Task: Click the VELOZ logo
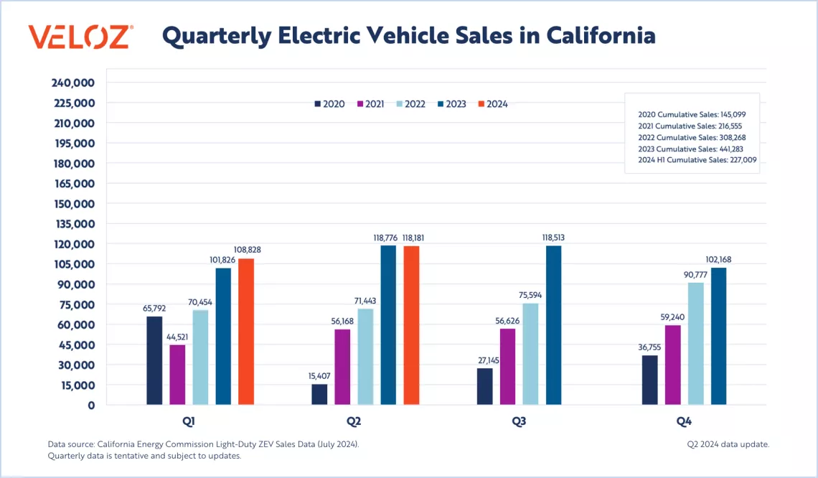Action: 80,36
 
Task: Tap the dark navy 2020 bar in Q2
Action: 319,395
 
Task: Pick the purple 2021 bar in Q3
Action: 508,367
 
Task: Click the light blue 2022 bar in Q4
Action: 695,344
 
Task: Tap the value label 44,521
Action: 177,337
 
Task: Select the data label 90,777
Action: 695,274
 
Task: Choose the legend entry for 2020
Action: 329,104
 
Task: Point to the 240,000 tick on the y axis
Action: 74,83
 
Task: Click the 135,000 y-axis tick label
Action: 74,224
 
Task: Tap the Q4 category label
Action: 684,422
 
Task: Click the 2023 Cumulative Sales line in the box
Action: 690,149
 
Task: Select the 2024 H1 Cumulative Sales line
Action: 697,160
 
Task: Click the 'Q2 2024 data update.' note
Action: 728,444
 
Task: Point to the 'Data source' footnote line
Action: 203,444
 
